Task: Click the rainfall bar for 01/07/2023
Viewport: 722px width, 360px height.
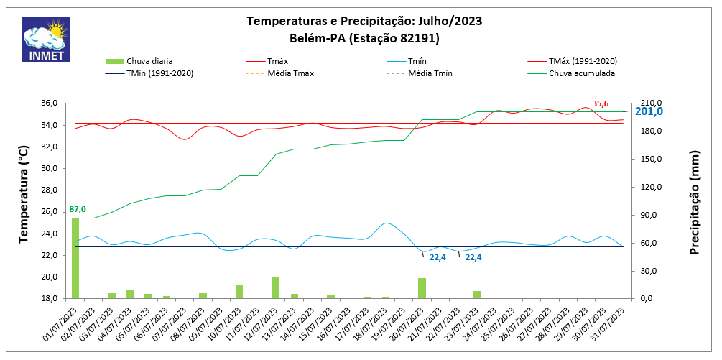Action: tap(75, 258)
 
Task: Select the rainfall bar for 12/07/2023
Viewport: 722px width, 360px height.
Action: tap(276, 287)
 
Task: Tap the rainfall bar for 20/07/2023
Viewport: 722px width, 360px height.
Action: tap(422, 288)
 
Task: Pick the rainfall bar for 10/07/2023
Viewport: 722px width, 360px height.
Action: tap(239, 292)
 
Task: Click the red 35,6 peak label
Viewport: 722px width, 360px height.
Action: tap(601, 103)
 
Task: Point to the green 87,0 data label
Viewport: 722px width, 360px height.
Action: tap(78, 209)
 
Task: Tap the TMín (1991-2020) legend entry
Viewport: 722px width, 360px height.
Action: tap(159, 73)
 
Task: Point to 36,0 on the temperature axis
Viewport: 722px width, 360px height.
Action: tap(47, 103)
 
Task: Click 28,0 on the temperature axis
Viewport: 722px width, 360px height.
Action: tap(47, 190)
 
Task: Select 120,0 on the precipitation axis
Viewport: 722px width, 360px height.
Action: tap(650, 188)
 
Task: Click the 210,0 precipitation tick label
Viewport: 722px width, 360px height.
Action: tap(650, 103)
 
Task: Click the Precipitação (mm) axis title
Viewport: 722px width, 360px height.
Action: tap(695, 203)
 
